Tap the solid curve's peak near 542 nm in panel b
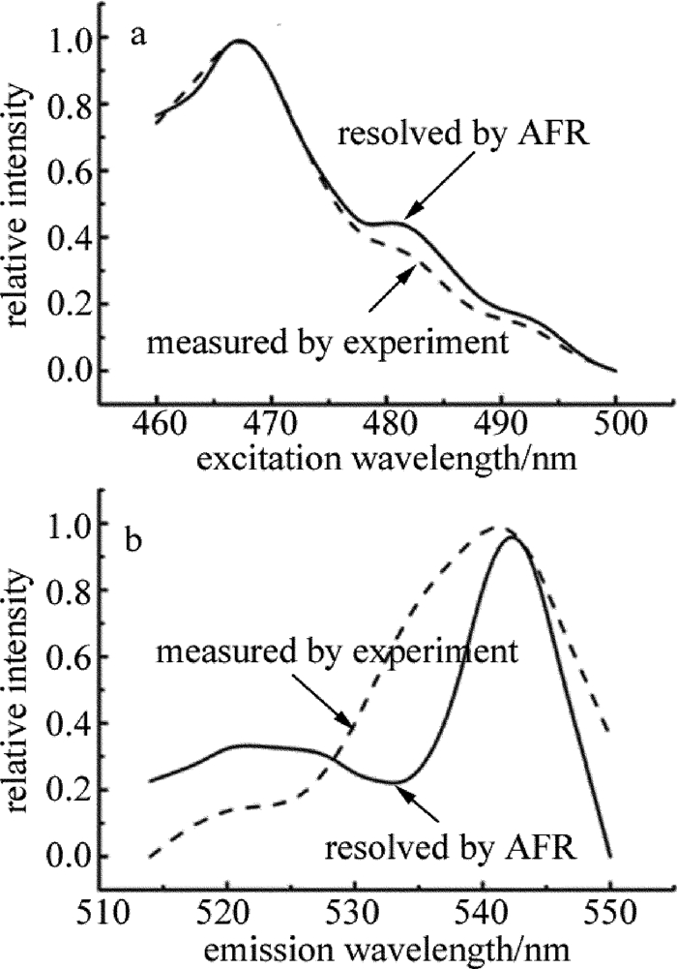pyautogui.click(x=511, y=537)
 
